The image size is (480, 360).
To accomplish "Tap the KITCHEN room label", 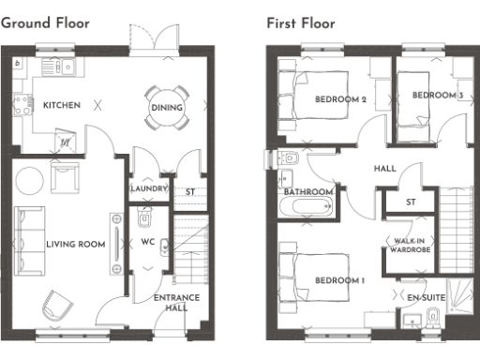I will [x=62, y=105].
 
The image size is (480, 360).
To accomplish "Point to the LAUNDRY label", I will [x=148, y=189].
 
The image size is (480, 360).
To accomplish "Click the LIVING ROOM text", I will [x=75, y=245].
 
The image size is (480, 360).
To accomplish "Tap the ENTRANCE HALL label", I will [x=170, y=302].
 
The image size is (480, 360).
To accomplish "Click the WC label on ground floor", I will [x=147, y=242].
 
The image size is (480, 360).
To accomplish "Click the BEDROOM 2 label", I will [x=339, y=99].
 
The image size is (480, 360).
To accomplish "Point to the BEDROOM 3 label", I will [x=437, y=96].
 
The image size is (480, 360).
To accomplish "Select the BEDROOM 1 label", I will [x=339, y=280].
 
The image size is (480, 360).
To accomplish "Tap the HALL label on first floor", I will [x=384, y=170].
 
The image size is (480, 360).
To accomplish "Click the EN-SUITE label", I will [x=425, y=297].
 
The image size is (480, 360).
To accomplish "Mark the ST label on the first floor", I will [x=410, y=202].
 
